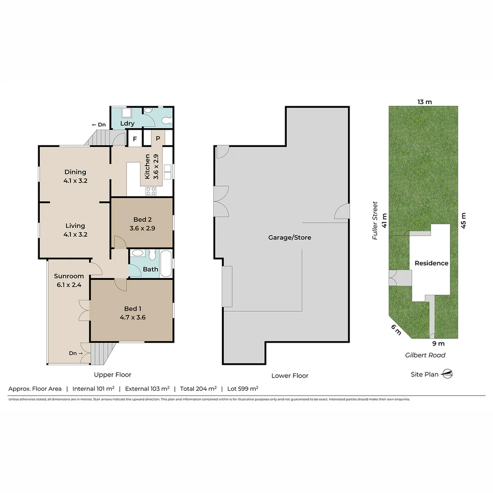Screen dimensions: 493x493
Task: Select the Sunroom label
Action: click(69, 276)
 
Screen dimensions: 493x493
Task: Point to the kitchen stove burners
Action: click(151, 191)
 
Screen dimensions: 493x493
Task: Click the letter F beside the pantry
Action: click(135, 138)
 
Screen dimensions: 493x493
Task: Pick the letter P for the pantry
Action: click(158, 138)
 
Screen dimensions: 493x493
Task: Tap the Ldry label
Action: click(127, 123)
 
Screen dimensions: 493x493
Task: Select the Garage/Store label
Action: click(289, 237)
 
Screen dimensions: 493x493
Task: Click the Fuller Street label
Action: click(375, 220)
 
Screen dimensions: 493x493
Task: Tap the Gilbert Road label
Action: click(425, 355)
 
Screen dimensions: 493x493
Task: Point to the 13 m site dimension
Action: click(424, 101)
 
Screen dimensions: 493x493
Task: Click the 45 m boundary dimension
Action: click(464, 220)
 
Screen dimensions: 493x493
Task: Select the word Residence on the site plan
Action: click(431, 263)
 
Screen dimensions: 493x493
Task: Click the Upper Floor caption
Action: click(112, 374)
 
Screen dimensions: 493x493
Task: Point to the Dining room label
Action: click(75, 172)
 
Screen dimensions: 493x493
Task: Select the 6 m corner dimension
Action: click(396, 330)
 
